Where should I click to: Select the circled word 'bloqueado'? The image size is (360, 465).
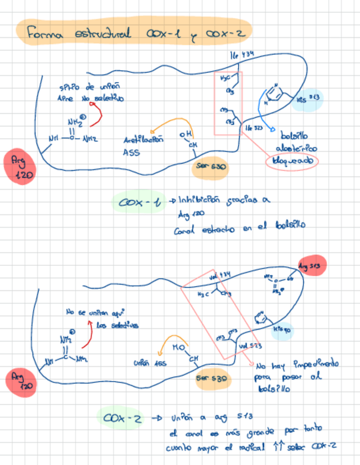pos(291,162)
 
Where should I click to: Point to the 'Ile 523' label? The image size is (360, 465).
pos(253,127)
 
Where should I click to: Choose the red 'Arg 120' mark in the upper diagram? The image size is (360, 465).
pos(20,167)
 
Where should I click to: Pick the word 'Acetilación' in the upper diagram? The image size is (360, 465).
pos(144,140)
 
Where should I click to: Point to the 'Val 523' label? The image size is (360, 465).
pos(250,345)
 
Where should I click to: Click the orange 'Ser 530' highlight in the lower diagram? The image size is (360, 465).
pos(211,378)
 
